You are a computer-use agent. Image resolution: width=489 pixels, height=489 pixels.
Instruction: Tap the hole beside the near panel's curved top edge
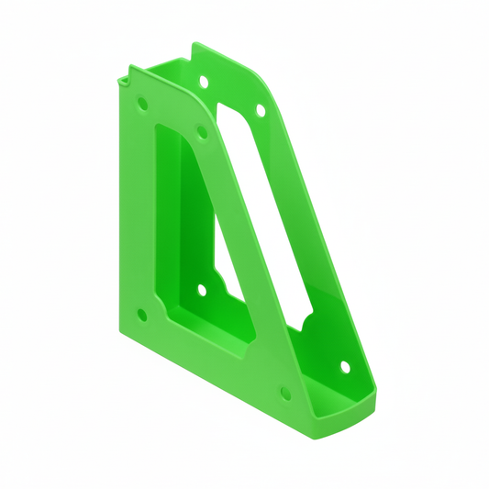point(202,131)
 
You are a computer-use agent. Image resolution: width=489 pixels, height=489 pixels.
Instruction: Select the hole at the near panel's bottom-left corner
point(141,315)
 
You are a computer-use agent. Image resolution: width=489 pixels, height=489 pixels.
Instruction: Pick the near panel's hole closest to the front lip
point(284,393)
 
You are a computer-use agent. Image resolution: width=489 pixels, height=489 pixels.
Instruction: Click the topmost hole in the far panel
point(203,82)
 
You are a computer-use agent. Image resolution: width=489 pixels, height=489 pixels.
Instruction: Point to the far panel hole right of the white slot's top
point(260,111)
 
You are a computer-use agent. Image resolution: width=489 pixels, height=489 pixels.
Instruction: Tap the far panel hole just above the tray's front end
point(345,367)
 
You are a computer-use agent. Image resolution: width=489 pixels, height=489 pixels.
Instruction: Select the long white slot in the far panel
point(266,211)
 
